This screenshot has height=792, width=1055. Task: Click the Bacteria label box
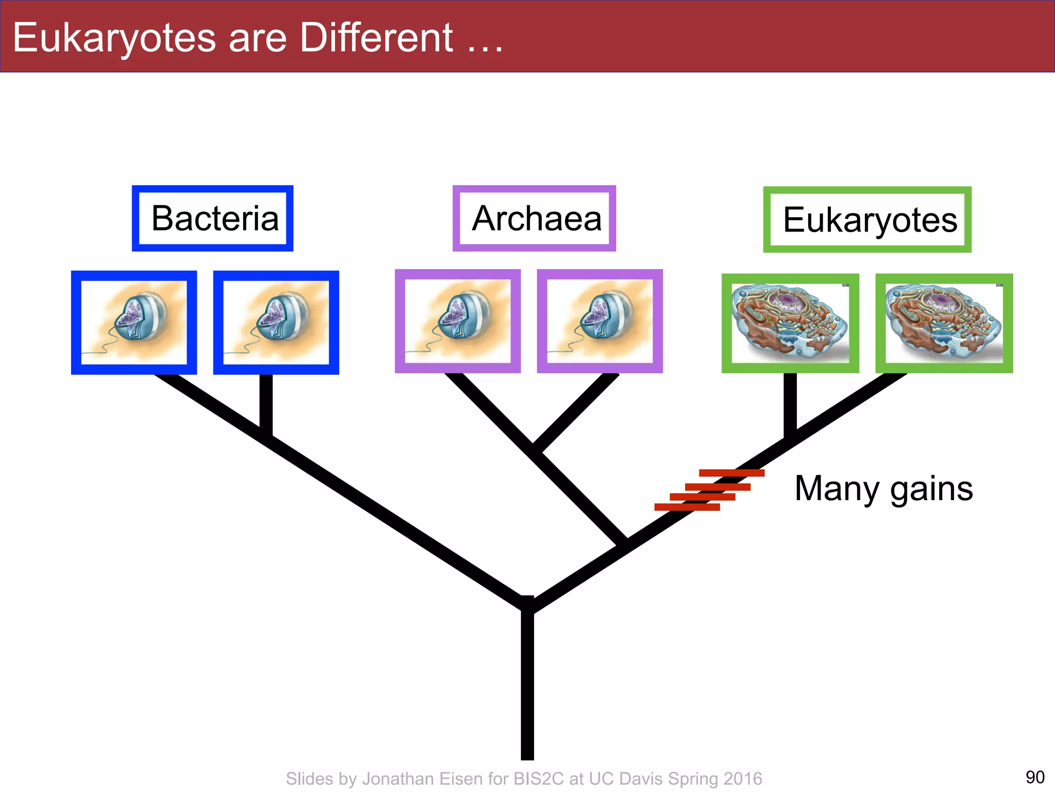[x=213, y=219]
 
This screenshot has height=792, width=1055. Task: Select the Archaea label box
[x=534, y=219]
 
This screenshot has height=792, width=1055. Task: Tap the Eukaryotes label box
[x=867, y=220]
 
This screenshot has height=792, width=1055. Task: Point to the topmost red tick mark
[x=731, y=473]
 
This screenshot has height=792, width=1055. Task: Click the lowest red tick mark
[x=687, y=507]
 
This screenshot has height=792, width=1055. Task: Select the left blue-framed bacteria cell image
[x=134, y=322]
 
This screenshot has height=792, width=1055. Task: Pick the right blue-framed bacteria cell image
[x=276, y=322]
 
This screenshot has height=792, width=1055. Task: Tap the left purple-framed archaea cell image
[x=457, y=321]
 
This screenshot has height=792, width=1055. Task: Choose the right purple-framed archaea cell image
[x=600, y=321]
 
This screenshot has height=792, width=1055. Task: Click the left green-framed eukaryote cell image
[x=790, y=323]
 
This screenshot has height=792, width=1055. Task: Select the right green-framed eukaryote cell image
[x=944, y=323]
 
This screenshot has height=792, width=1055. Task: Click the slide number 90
[x=1034, y=777]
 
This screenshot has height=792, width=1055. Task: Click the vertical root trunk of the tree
[x=527, y=686]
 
